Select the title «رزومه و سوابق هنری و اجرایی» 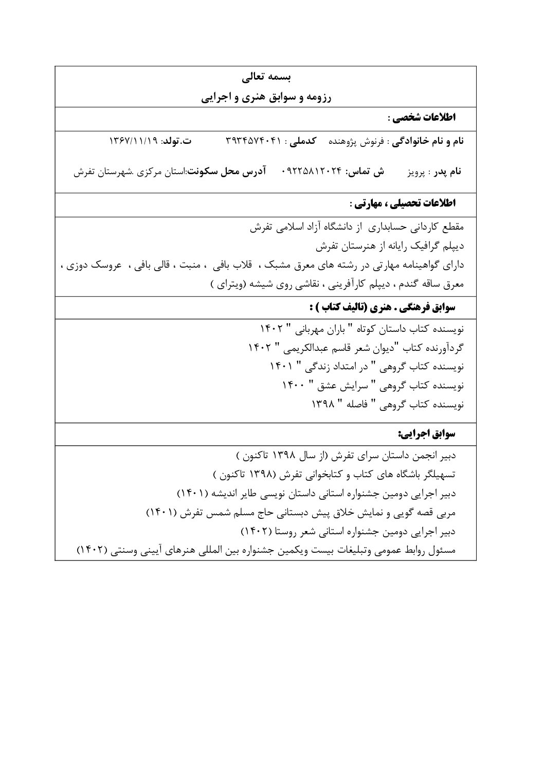coord(266,98)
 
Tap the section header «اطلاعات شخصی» coord(423,118)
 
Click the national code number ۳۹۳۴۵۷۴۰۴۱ coord(255,141)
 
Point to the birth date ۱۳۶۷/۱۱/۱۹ coord(134,141)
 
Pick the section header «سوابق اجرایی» coord(426,434)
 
